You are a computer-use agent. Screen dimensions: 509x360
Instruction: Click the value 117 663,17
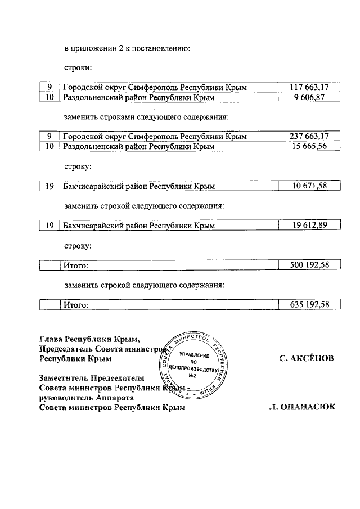[x=308, y=87]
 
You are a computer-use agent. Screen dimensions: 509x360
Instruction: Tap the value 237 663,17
[x=308, y=136]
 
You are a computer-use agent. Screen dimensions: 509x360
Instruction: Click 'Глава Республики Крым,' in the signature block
[x=89, y=339]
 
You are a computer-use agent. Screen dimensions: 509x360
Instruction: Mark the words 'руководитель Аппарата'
[x=87, y=398]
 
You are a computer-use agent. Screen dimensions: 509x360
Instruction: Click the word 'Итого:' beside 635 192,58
[x=76, y=305]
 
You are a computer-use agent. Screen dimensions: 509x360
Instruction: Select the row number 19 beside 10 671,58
[x=49, y=186]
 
